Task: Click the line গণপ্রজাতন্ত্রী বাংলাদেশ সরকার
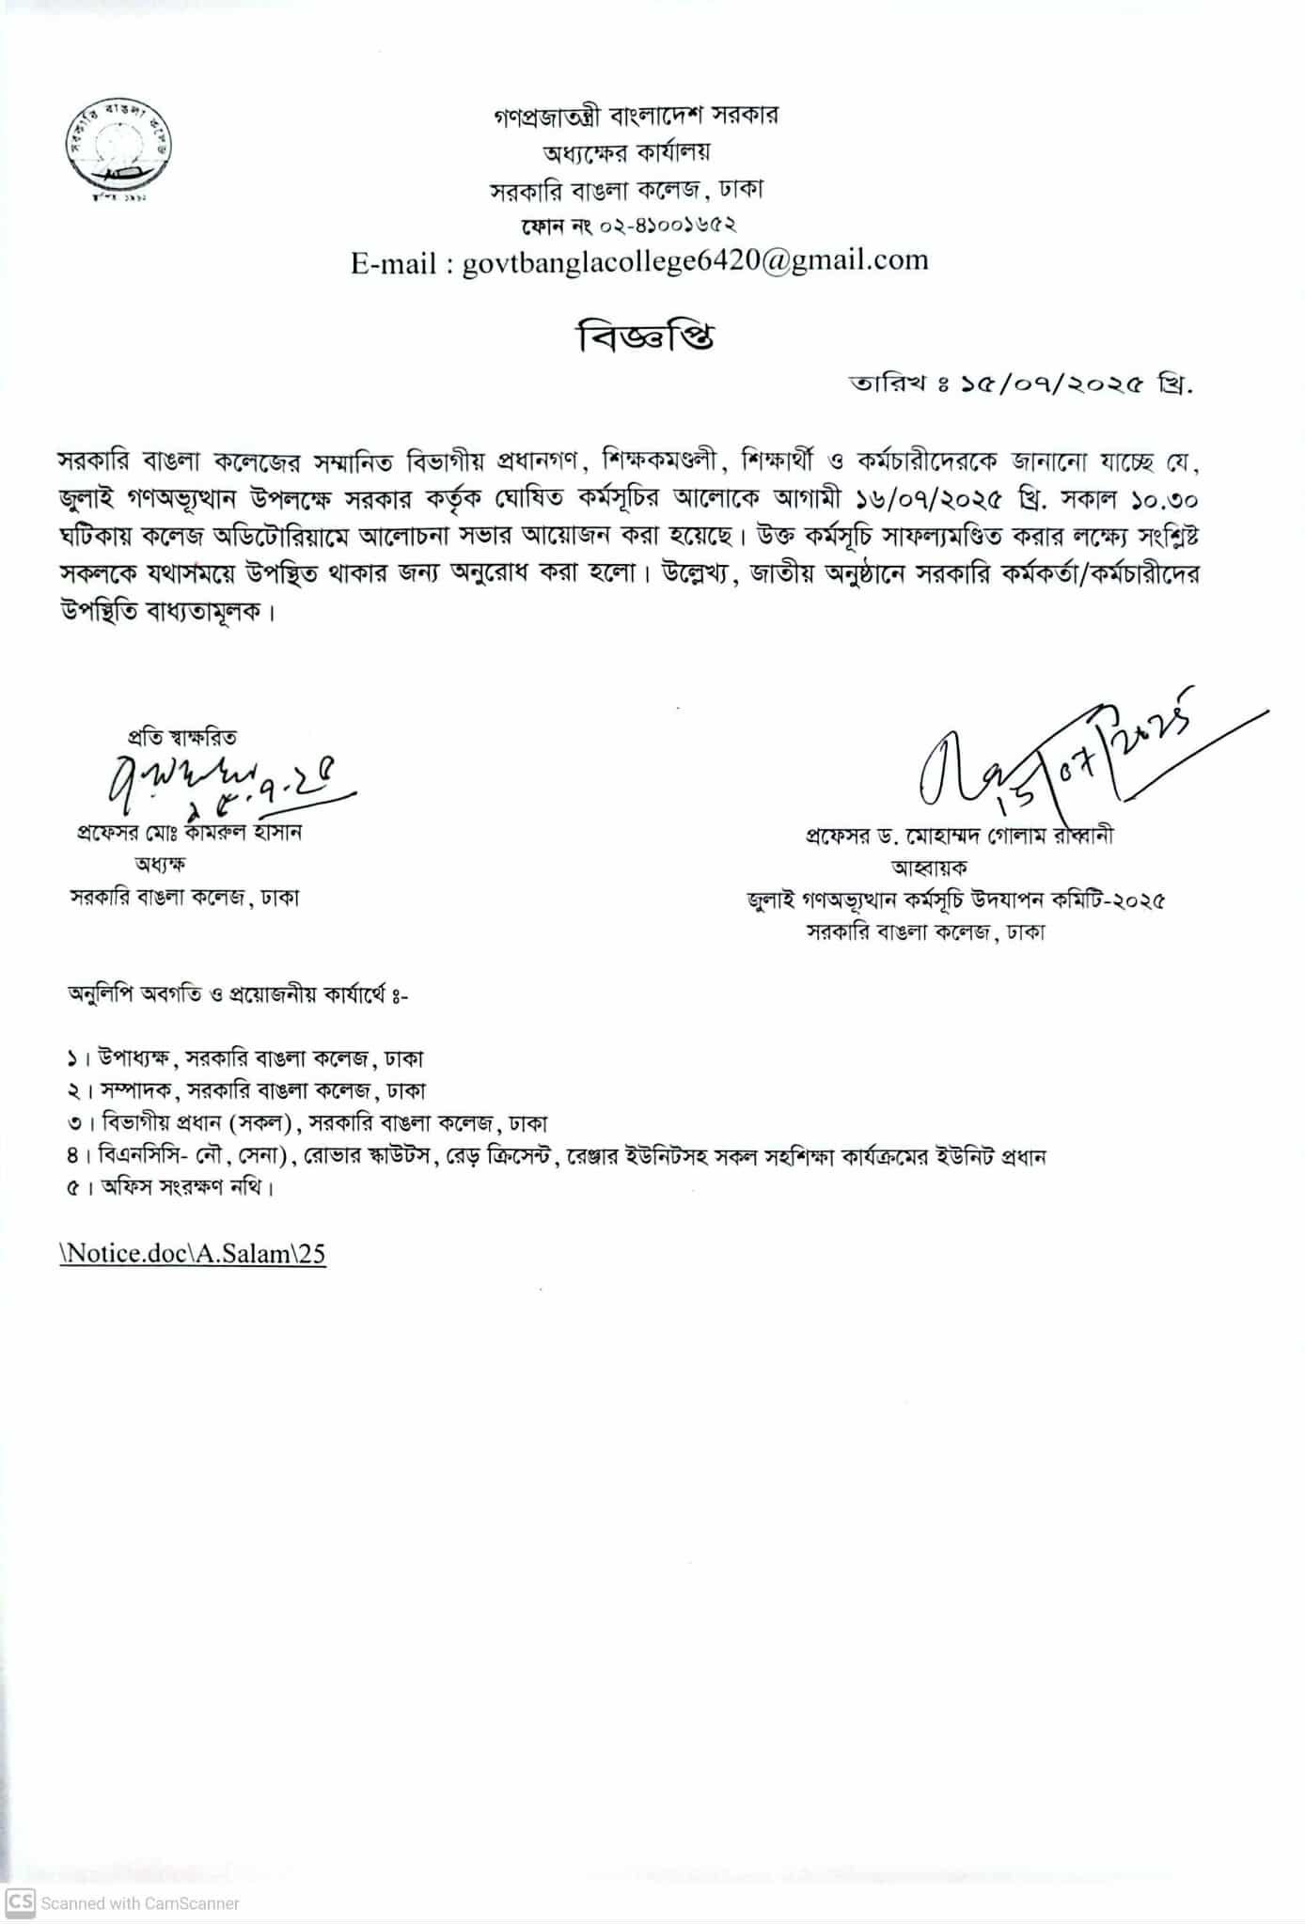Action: point(637,117)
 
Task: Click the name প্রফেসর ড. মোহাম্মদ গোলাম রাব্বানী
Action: point(959,836)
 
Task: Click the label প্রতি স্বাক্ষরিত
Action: point(182,737)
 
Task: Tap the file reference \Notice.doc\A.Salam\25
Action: point(193,1254)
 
